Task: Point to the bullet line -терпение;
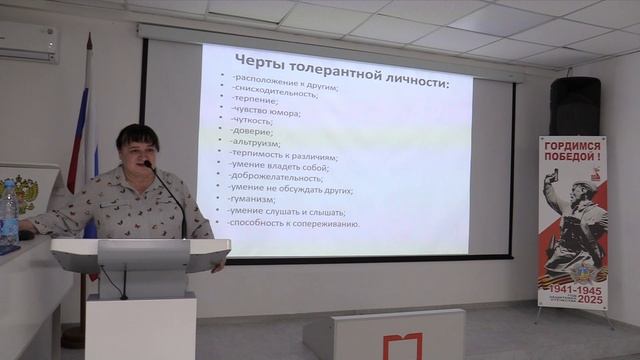tap(258, 100)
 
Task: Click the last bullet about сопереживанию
tap(294, 225)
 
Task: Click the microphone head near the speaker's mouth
tap(149, 164)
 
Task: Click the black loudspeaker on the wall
tap(575, 106)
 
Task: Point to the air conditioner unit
tap(26, 42)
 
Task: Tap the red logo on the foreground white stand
tap(403, 346)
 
